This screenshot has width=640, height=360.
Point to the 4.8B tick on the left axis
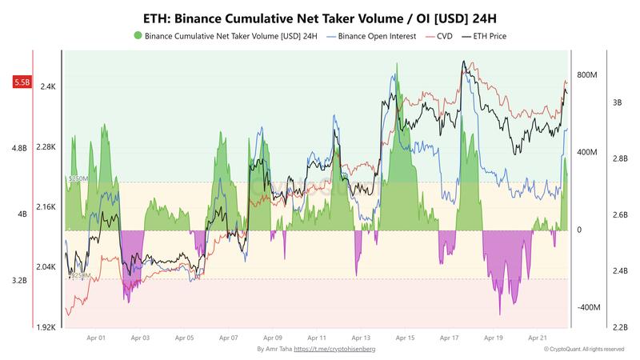19,148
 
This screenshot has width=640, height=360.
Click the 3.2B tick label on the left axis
19,281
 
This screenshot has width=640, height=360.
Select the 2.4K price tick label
48,87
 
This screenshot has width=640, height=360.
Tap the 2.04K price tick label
46,267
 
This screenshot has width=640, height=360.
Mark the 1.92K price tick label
46,327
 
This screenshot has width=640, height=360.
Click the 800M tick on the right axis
588,75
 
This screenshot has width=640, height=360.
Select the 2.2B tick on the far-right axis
621,327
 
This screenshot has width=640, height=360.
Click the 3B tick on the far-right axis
618,102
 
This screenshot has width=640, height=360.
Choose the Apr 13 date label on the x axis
361,338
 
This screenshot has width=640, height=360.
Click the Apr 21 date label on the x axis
538,338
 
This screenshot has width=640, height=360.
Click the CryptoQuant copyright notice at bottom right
583,350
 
